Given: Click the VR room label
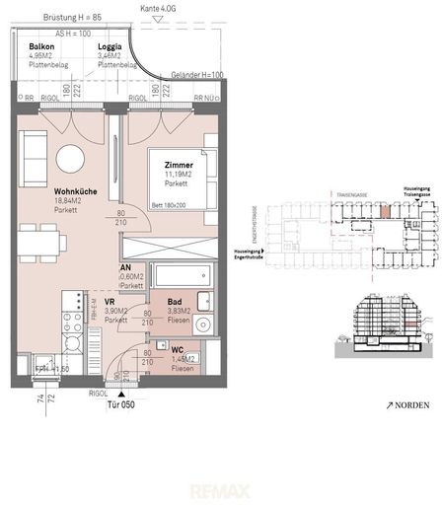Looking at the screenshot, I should [x=110, y=302].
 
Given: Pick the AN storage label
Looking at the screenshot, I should [x=126, y=267].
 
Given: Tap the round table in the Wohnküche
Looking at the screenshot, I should [x=71, y=158].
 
